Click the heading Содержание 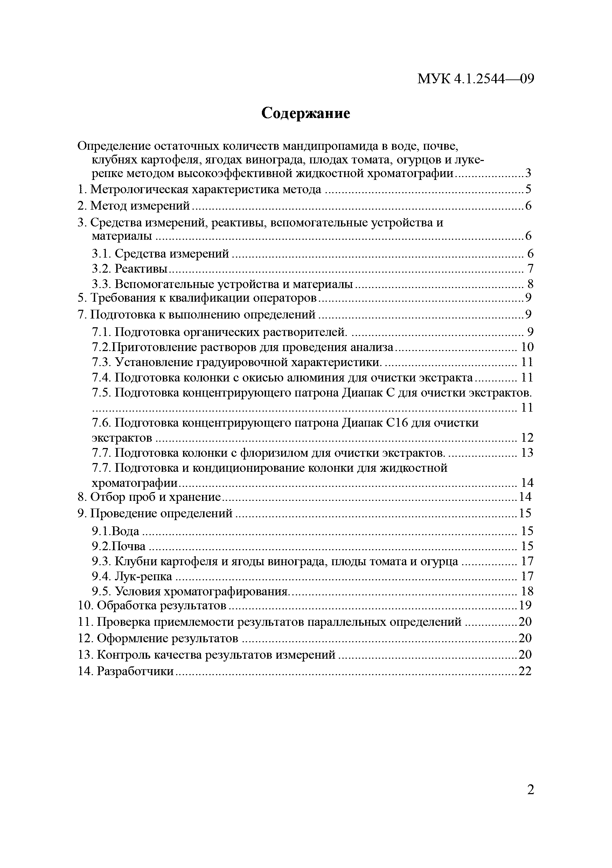(x=306, y=113)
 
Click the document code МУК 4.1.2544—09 (x=475, y=79)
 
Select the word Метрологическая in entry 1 (x=138, y=189)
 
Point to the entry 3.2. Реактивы (x=130, y=269)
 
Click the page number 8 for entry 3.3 (x=530, y=284)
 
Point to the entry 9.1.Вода (x=116, y=531)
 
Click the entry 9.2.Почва (x=118, y=546)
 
